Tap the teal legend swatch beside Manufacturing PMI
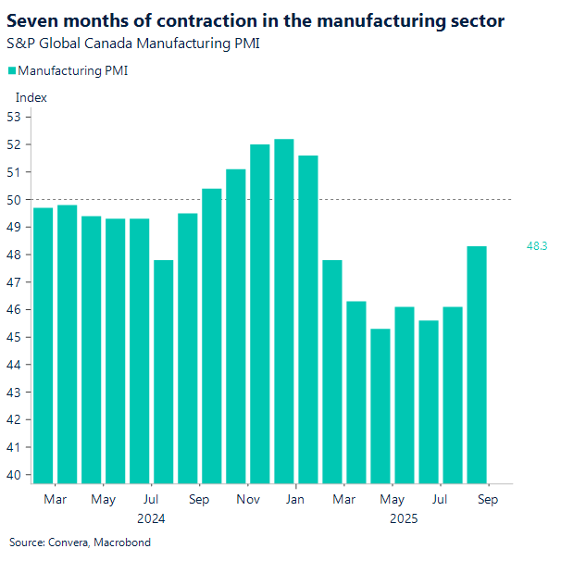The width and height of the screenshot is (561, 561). (x=11, y=70)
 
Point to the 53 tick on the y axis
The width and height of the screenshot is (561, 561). (x=14, y=117)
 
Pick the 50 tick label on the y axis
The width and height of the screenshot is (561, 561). (x=14, y=199)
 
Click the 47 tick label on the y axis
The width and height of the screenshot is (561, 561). (x=14, y=282)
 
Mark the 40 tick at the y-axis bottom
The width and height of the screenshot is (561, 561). (x=14, y=475)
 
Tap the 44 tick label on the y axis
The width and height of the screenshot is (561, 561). (x=14, y=365)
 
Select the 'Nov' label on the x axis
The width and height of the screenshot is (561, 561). (x=247, y=500)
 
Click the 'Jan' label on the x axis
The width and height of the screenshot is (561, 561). (x=295, y=500)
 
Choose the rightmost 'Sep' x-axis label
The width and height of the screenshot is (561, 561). (x=488, y=500)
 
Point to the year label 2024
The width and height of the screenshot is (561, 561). (x=150, y=518)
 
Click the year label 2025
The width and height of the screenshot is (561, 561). (x=404, y=518)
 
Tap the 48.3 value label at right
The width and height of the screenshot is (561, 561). (x=537, y=246)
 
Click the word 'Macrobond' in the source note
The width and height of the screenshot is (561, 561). (x=122, y=542)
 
